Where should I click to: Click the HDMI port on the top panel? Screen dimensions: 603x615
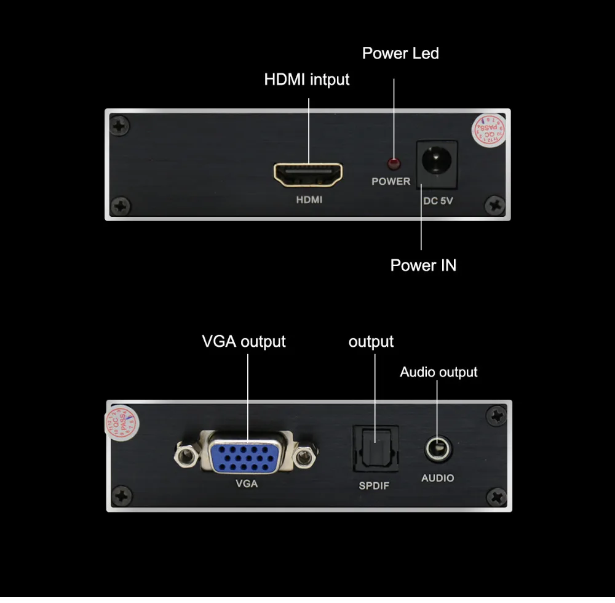pos(307,174)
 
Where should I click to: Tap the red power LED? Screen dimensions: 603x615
pos(392,164)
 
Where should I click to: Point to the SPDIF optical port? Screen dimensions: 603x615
pos(375,448)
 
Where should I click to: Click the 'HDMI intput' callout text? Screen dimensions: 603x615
pos(306,79)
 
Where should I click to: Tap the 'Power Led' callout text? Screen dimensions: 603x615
pos(400,54)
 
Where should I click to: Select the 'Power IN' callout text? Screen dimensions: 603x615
pos(423,265)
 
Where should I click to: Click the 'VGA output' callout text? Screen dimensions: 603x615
pos(244,341)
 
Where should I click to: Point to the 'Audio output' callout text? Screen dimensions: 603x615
pos(438,372)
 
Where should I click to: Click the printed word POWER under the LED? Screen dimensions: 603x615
pos(391,181)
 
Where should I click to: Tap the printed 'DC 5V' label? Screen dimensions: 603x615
pos(438,200)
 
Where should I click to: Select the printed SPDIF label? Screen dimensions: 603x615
pos(374,486)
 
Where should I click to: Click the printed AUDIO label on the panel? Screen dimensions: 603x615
pos(437,478)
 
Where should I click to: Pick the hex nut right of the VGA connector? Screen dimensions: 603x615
pos(302,458)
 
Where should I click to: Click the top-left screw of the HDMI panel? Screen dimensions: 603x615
pos(119,126)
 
